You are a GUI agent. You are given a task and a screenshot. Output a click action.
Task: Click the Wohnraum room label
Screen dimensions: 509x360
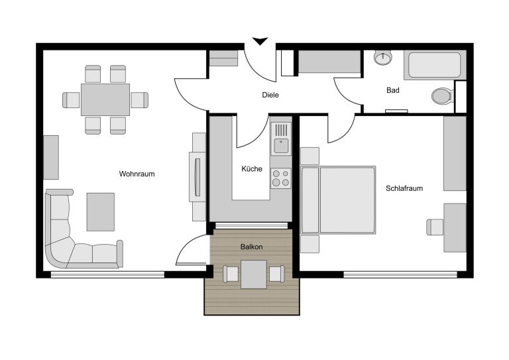(137, 174)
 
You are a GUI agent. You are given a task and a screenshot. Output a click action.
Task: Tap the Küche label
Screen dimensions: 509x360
(252, 169)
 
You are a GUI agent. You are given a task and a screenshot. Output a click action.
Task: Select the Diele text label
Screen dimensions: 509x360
(270, 95)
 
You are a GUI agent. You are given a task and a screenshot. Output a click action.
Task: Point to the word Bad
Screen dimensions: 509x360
(393, 90)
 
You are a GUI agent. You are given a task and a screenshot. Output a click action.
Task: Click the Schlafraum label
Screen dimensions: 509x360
(404, 188)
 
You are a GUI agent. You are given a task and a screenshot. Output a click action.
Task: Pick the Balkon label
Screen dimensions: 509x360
(252, 247)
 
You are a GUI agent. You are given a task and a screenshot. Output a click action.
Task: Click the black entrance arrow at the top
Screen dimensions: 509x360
(260, 41)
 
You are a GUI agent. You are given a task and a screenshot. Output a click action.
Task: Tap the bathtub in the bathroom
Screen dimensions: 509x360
(435, 65)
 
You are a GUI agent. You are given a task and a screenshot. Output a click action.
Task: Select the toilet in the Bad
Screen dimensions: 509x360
(442, 96)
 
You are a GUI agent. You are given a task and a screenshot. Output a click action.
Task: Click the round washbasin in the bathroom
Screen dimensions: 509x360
(383, 58)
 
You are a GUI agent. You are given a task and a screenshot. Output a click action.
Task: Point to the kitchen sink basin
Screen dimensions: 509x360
(281, 146)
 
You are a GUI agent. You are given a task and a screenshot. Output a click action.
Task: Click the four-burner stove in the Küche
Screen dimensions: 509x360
(281, 178)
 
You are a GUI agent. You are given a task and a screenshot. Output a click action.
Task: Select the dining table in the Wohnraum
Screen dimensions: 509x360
(105, 99)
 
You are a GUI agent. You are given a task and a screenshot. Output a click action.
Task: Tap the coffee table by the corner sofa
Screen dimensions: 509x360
(100, 212)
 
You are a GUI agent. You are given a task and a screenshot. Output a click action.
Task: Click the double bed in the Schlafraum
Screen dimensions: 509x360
(338, 200)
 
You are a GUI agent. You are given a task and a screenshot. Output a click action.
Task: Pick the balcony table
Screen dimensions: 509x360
(254, 274)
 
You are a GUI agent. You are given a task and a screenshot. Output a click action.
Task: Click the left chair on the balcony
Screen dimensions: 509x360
(231, 274)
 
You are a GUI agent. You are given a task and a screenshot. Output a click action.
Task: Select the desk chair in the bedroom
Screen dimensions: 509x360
(435, 227)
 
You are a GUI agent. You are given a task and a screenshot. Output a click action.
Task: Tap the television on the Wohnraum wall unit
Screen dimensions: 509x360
(197, 177)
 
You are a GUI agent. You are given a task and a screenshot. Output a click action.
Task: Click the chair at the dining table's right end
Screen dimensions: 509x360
(140, 100)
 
